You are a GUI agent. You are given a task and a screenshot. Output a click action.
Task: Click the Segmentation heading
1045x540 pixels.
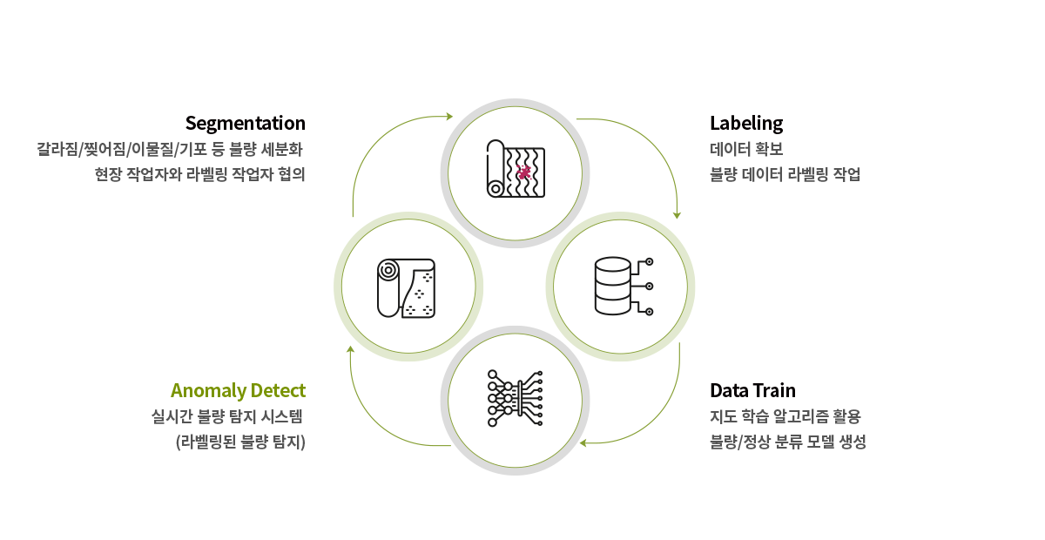245,123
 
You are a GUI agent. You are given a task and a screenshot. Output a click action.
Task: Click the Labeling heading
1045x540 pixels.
746,123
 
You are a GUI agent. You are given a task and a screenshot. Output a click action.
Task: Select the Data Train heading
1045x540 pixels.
752,390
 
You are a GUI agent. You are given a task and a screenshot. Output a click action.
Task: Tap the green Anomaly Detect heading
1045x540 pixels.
238,390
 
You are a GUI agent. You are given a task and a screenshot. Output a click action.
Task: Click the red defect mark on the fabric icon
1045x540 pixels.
523,172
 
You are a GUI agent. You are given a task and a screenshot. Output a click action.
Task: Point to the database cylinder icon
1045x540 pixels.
612,286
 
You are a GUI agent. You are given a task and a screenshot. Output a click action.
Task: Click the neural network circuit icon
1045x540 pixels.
516,400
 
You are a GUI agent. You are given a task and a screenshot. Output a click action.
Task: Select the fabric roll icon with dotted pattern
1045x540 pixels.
406,287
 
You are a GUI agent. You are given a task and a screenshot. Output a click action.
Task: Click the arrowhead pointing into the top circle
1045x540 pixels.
449,116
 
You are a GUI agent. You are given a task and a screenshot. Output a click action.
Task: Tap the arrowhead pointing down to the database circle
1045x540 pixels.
678,214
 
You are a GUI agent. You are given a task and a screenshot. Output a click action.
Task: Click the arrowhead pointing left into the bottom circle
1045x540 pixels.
584,443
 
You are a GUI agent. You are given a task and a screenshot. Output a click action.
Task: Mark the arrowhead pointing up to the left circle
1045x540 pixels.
350,349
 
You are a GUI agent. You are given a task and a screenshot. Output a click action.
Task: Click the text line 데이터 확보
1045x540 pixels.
747,149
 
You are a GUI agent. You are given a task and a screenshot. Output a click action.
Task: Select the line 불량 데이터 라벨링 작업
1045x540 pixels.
785,174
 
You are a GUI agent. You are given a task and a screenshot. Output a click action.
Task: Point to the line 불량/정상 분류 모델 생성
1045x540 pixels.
788,442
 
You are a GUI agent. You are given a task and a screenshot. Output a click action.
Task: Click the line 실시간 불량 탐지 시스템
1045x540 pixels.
228,416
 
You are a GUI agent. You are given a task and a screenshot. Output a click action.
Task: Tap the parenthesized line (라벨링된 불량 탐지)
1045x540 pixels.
240,442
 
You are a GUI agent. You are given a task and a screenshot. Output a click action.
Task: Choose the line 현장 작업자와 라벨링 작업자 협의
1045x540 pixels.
200,174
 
